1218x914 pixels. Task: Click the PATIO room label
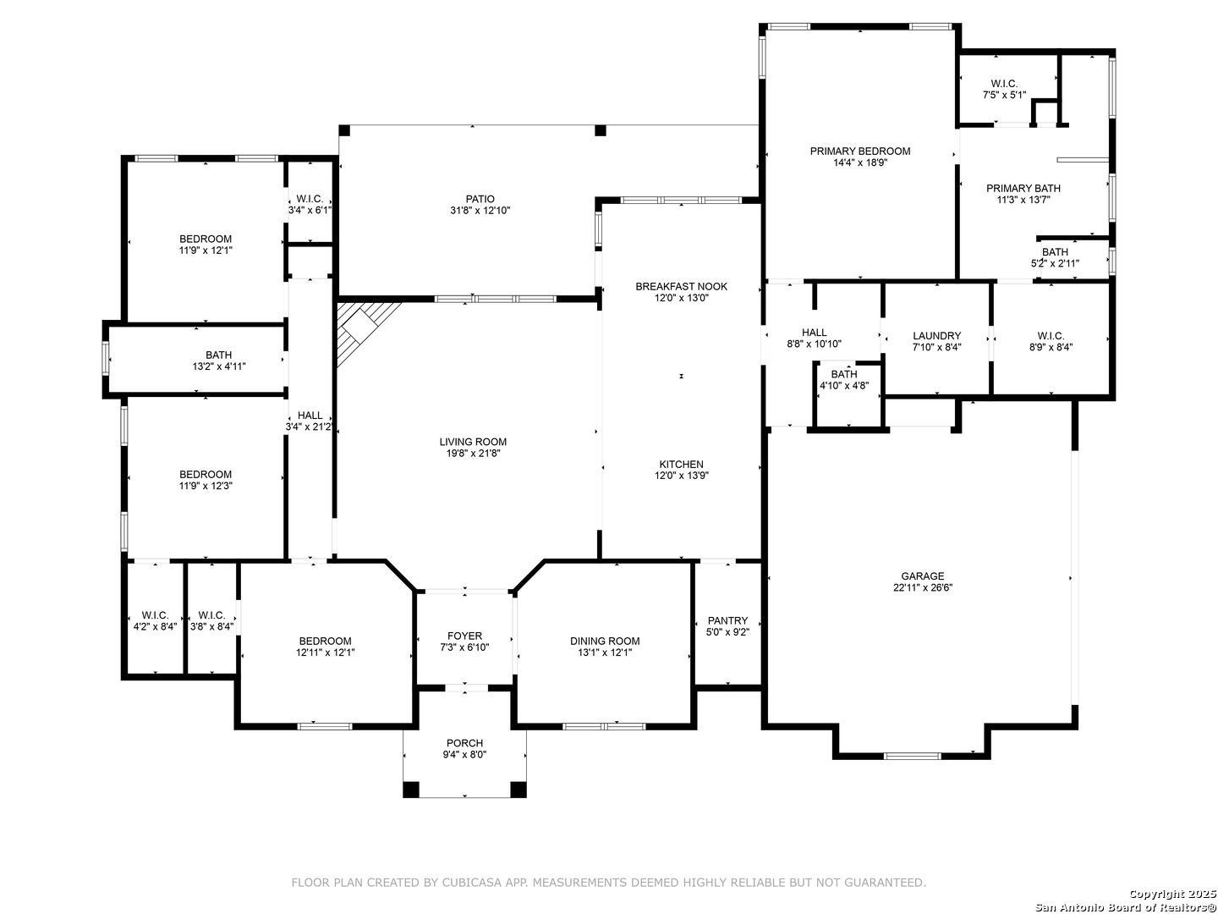(x=480, y=199)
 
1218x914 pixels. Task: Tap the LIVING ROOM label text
(x=473, y=442)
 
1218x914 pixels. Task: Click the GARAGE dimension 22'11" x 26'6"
(x=922, y=587)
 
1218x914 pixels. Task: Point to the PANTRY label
(x=727, y=620)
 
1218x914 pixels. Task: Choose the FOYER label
(x=464, y=636)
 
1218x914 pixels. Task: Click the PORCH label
(x=464, y=743)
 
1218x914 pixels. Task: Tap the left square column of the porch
(x=410, y=789)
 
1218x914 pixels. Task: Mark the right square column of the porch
(x=518, y=789)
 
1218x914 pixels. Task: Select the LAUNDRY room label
(x=936, y=336)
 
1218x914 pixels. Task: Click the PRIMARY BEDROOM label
(x=860, y=151)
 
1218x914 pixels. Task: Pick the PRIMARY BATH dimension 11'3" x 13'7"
(x=1023, y=200)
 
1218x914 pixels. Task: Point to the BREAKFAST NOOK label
(x=682, y=286)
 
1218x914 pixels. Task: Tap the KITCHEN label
(x=682, y=464)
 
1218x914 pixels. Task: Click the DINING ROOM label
(x=605, y=641)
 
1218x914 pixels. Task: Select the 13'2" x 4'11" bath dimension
(x=218, y=366)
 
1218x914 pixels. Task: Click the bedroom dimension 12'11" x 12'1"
(x=325, y=652)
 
